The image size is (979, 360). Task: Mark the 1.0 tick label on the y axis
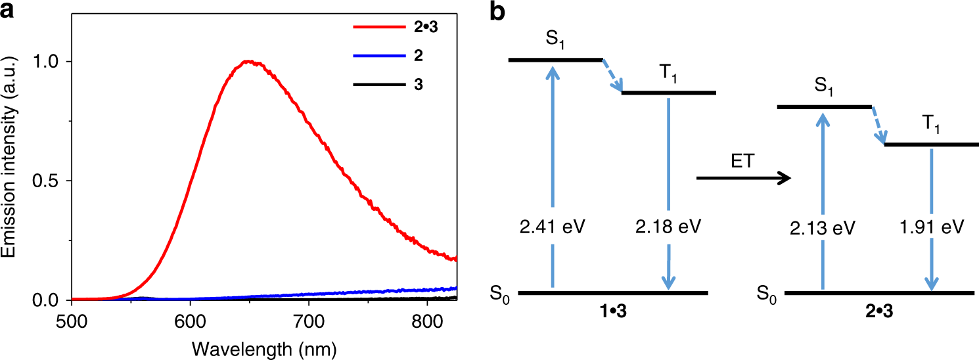(x=51, y=61)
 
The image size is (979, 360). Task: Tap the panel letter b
(x=498, y=11)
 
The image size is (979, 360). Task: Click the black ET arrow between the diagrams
(x=742, y=178)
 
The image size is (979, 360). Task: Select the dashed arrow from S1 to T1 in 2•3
(x=878, y=125)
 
